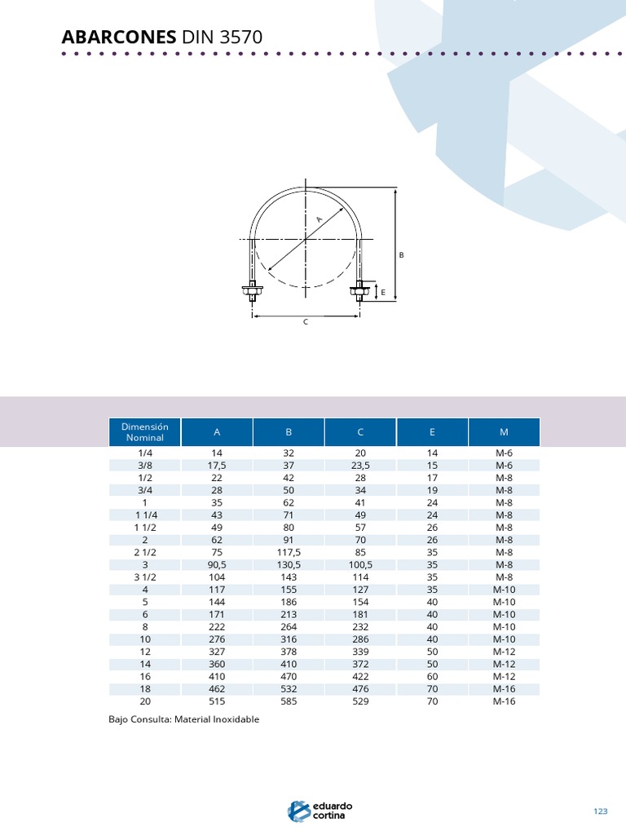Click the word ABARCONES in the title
tap(119, 37)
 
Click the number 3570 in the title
tap(241, 37)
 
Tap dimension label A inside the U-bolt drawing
tap(320, 219)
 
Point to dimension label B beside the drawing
tap(401, 255)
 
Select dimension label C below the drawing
tap(306, 322)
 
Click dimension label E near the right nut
tap(383, 293)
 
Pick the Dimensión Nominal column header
tap(145, 432)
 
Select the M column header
tap(504, 432)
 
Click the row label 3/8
tap(145, 466)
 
